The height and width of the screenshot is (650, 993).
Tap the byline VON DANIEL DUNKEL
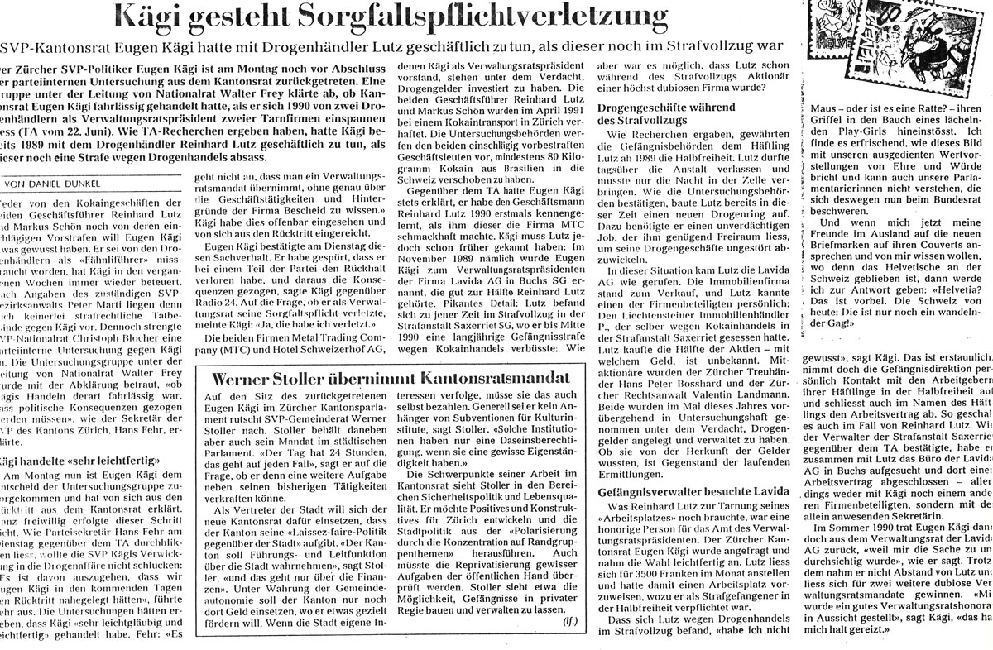[53, 184]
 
